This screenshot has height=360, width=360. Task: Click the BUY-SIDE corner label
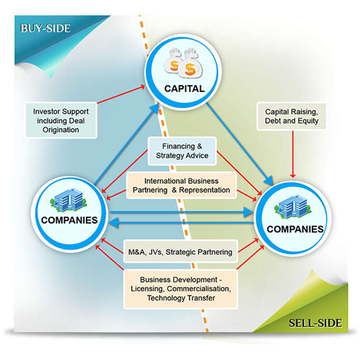pos(45,29)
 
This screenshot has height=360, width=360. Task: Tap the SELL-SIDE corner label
pos(316,323)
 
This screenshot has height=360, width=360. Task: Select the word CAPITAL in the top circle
pos(184,88)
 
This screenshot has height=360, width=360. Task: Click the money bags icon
pos(184,62)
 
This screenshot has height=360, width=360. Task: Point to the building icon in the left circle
pos(68,200)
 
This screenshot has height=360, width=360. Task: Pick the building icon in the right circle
pos(293,206)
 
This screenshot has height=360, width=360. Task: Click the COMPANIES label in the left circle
pos(69,220)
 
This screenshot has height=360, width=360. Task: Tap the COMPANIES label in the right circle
pos(295,229)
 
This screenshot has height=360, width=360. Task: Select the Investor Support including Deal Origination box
pos(61,120)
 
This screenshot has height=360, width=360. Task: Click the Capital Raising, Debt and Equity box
pos(291,116)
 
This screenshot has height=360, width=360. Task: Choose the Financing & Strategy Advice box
pos(182,151)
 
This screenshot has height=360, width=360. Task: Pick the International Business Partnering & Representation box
pos(182,185)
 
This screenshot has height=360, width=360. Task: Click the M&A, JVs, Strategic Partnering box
pos(180,252)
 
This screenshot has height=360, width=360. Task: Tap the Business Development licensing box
pos(181,289)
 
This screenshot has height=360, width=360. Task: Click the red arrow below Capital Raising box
pos(293,154)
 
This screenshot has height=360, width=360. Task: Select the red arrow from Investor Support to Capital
pos(121,94)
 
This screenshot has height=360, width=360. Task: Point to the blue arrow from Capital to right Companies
pos(240,144)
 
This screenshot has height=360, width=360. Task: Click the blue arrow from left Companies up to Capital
pos(127,144)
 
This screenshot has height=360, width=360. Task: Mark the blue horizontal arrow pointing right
pos(182,212)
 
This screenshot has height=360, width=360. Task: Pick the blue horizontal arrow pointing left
pos(182,223)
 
